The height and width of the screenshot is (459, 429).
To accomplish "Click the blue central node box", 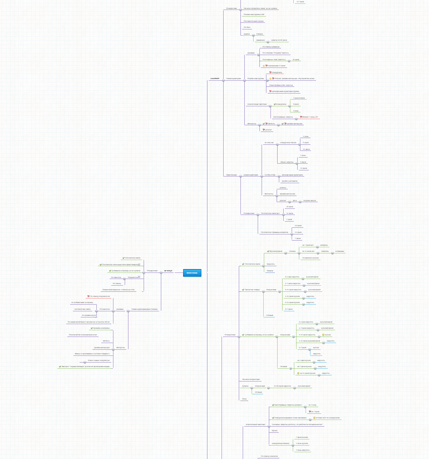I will [x=191, y=273].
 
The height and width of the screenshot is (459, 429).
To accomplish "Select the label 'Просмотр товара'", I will [x=253, y=290].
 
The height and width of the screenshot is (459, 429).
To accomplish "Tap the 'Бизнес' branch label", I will [x=270, y=271].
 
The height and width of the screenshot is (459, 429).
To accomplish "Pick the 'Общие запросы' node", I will [x=287, y=162].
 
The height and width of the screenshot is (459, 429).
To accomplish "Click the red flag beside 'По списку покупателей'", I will [x=88, y=296].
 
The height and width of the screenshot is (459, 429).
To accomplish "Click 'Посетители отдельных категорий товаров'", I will [x=119, y=264].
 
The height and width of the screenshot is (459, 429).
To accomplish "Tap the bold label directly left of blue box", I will [x=168, y=271].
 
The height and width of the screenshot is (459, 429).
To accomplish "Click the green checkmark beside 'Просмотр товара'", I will [x=242, y=290].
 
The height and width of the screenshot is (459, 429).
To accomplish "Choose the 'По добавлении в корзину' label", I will [x=82, y=302].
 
